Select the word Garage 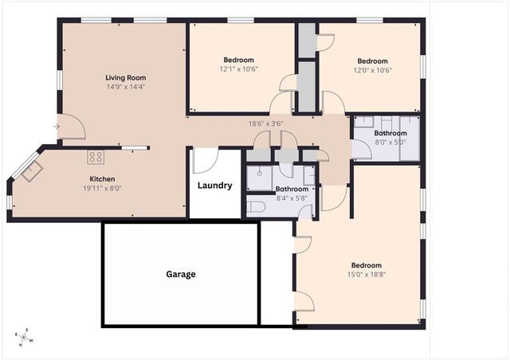click(181, 274)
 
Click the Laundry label click(215, 186)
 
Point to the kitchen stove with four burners click(96, 157)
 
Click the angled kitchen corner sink click(33, 171)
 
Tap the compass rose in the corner click(25, 337)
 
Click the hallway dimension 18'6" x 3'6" click(265, 123)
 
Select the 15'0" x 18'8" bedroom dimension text click(366, 275)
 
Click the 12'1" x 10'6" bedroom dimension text click(238, 69)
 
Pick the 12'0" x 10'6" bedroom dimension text click(372, 70)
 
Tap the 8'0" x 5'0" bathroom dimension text click(390, 142)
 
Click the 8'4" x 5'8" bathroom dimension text click(291, 198)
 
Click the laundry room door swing click(204, 161)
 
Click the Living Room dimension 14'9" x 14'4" click(126, 86)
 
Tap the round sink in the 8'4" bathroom click(260, 173)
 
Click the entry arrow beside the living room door click(57, 126)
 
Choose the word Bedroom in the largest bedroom click(366, 265)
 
